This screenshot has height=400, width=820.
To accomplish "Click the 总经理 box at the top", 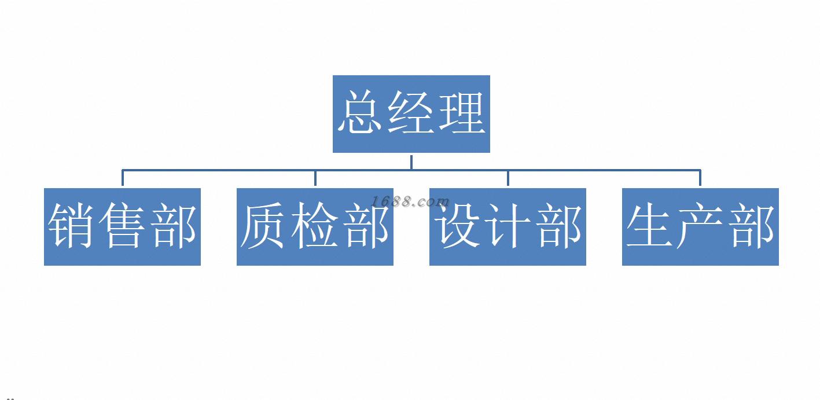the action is [411, 114].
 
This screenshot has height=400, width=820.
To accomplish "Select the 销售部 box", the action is [122, 227].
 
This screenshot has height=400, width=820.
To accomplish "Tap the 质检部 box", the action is [315, 227].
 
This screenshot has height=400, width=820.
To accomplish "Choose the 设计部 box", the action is [508, 227].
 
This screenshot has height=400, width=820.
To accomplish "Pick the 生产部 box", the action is [700, 227].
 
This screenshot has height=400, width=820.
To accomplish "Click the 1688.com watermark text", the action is [410, 201].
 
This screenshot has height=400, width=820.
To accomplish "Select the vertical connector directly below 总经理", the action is [411, 162].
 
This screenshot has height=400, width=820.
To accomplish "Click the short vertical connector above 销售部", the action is [123, 178].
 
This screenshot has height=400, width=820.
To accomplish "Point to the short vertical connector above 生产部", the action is [700, 178].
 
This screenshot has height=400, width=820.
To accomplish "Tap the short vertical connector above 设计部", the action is [508, 178].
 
